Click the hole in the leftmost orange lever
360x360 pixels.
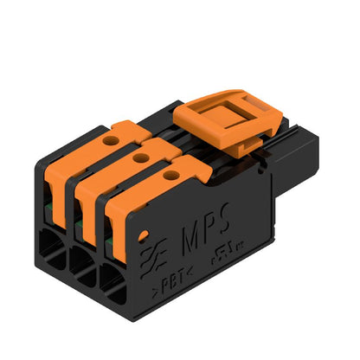coord(112,138)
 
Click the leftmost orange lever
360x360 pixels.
coord(91,156)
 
